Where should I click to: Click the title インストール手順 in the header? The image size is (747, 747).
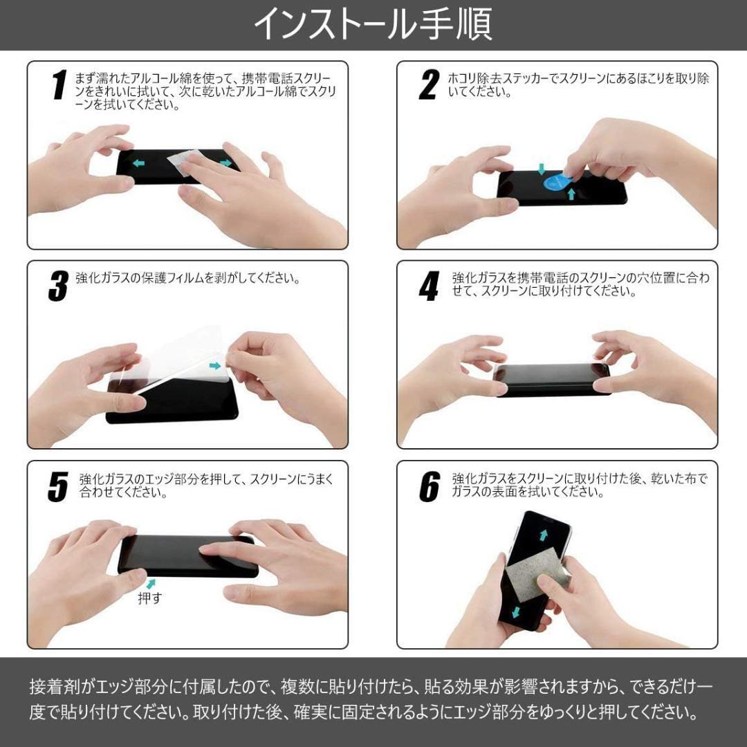[x=373, y=24]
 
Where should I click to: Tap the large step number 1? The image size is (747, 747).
[x=59, y=85]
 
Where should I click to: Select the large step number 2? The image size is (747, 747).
[x=429, y=85]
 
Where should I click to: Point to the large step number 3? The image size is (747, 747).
[x=59, y=286]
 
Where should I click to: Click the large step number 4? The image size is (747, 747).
[x=429, y=286]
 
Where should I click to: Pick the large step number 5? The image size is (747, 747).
[x=58, y=486]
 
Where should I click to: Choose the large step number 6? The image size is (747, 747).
[x=429, y=486]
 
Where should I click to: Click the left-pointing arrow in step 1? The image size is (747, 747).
[x=138, y=163]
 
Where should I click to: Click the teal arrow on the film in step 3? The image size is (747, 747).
[x=215, y=366]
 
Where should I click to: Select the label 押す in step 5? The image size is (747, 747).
[x=149, y=598]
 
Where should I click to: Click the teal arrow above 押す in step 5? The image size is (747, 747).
[x=151, y=584]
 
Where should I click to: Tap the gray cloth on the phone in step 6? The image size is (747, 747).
[x=537, y=573]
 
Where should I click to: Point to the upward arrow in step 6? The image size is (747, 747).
[x=544, y=535]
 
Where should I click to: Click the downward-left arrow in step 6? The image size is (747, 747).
[x=515, y=613]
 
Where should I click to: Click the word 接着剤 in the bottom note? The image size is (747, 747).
[x=54, y=687]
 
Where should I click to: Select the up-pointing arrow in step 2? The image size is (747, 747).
[x=572, y=194]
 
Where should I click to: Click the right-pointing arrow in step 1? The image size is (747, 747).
[x=225, y=163]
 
